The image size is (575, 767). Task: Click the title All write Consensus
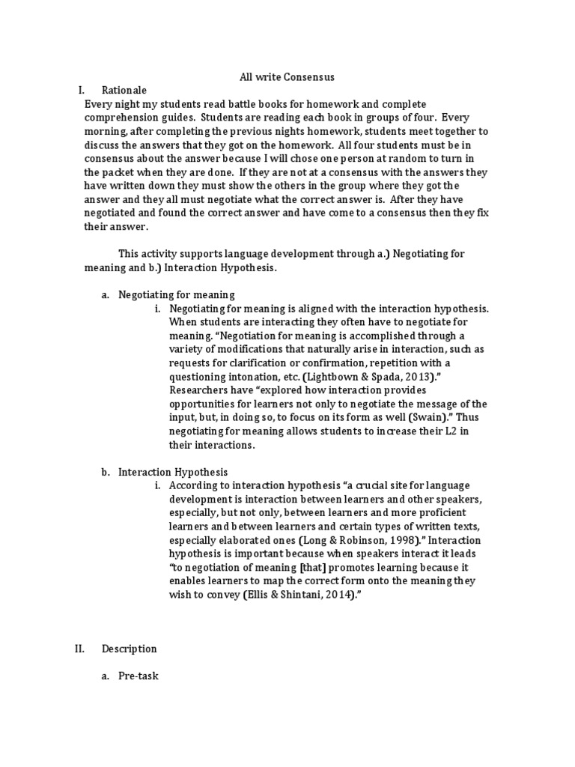click(276, 76)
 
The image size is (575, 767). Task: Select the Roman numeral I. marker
click(82, 90)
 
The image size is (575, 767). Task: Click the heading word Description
click(130, 649)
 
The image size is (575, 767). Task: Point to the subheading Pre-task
click(139, 676)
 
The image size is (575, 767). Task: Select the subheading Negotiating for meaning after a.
click(177, 294)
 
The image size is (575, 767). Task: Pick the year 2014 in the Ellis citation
click(329, 595)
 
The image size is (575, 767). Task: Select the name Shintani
click(292, 595)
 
